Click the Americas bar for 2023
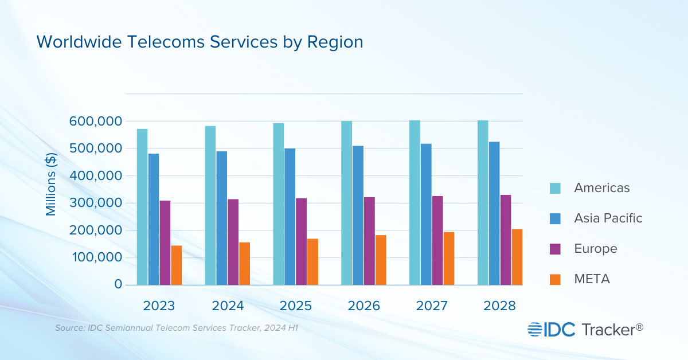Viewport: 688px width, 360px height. point(142,207)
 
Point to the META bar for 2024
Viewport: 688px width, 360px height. point(245,263)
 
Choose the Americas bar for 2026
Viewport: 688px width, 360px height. point(346,203)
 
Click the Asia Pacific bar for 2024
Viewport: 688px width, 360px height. point(222,218)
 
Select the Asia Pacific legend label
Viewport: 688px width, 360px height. point(608,218)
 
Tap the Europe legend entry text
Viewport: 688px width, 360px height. point(596,249)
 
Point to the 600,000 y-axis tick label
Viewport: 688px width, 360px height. point(95,122)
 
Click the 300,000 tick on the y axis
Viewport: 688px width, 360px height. point(95,203)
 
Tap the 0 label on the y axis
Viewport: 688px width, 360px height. point(118,284)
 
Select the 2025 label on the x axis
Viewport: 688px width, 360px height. point(295,306)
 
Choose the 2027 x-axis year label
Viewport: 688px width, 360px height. point(432,306)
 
